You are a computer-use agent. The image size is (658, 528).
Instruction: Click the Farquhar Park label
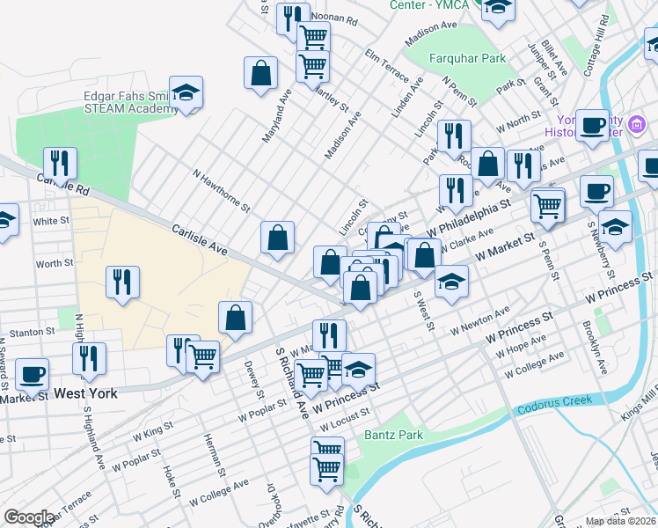point(467,59)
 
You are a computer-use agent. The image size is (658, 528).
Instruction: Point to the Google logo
point(28,517)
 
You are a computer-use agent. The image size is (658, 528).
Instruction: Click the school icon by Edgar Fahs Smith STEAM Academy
point(186,92)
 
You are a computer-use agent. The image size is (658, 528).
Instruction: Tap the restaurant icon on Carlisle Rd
point(60,163)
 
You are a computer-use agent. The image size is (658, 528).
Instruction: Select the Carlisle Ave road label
point(201,239)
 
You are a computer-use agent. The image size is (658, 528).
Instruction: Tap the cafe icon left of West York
point(33,375)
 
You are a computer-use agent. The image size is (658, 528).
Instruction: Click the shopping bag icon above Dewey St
point(236,318)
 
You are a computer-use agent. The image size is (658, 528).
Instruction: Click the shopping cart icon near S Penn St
point(549,206)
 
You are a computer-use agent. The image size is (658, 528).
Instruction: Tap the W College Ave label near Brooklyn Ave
point(533,364)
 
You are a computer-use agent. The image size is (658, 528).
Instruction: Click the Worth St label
point(55,263)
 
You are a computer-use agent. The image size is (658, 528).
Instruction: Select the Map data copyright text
point(621,521)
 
